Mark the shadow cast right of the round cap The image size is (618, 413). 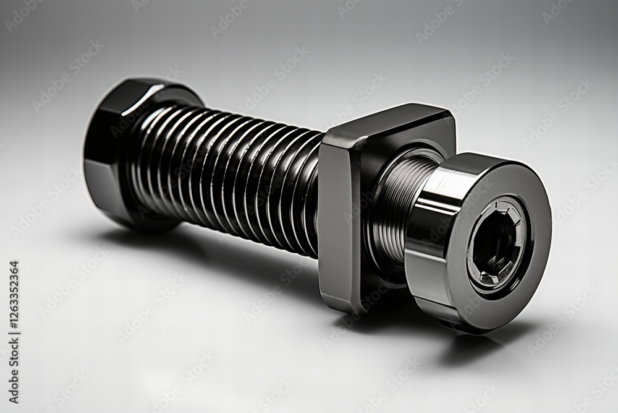[x=476, y=347]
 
